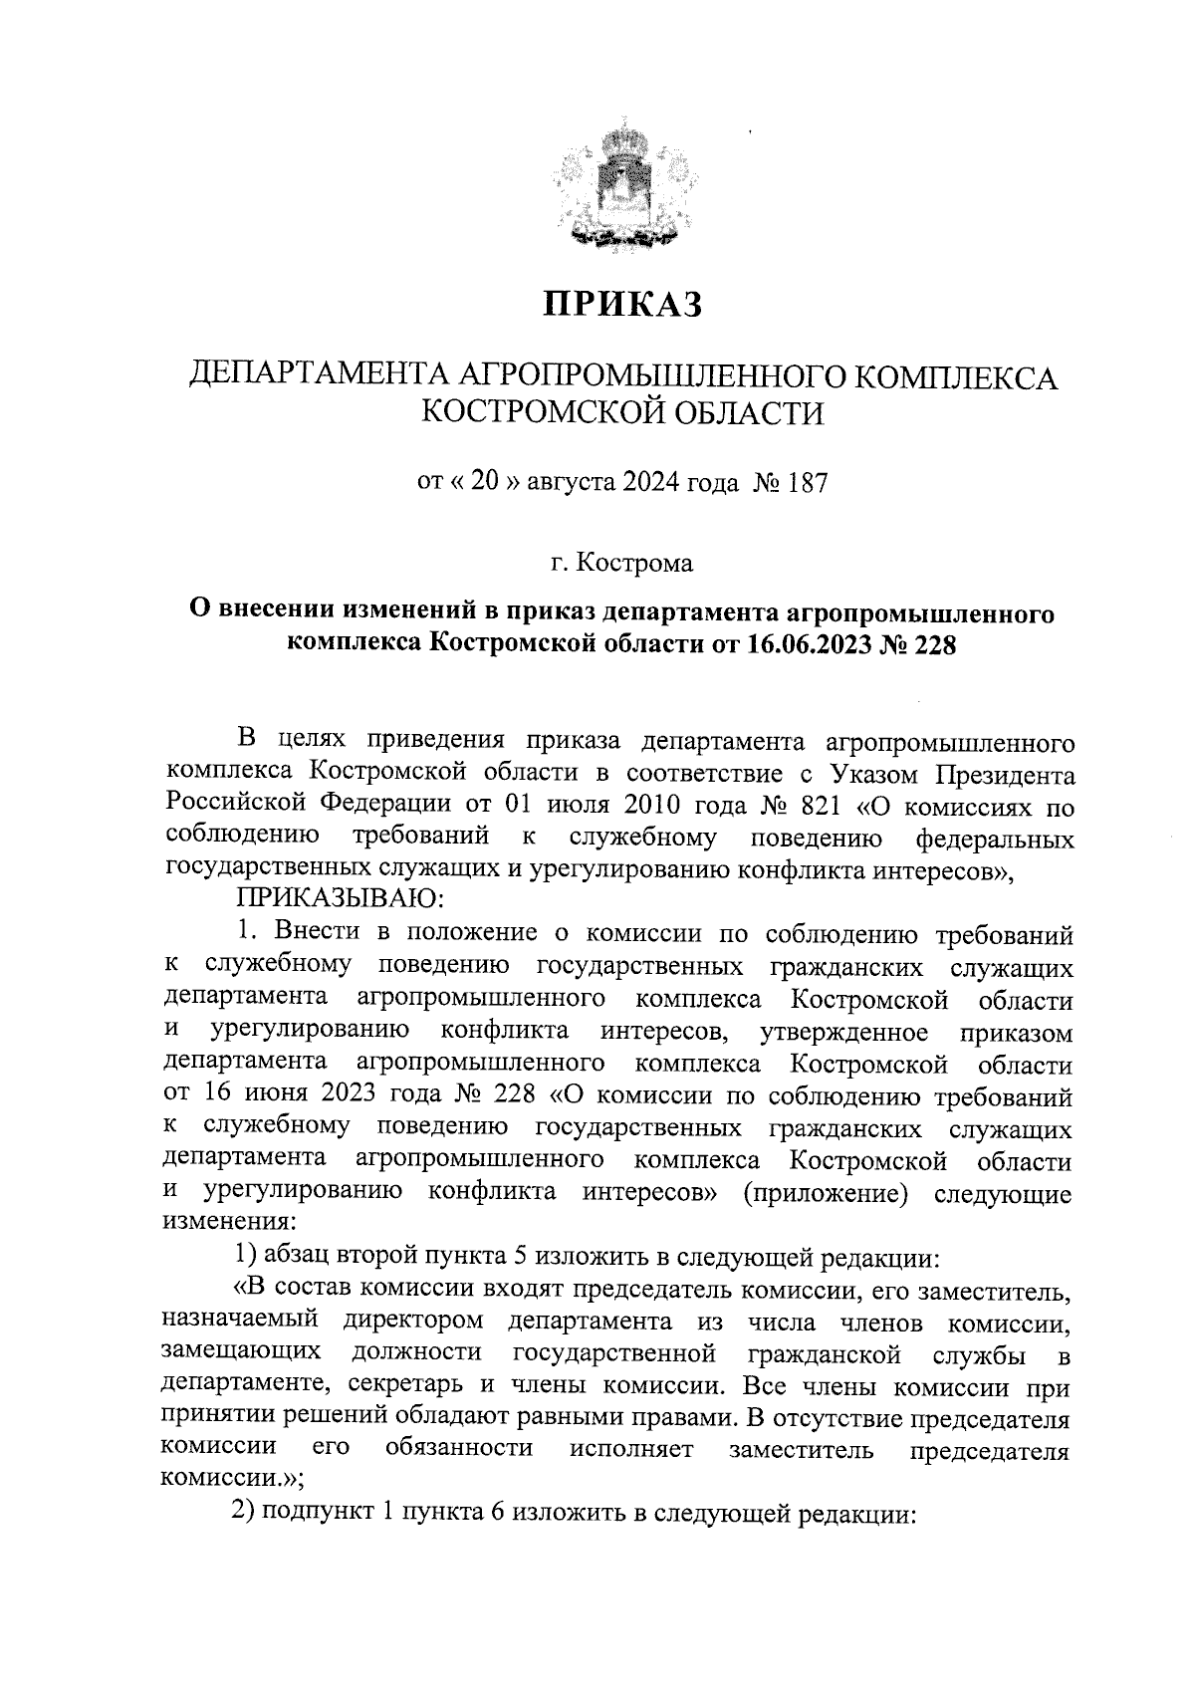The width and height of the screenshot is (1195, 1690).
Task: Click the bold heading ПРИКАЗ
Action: (622, 303)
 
